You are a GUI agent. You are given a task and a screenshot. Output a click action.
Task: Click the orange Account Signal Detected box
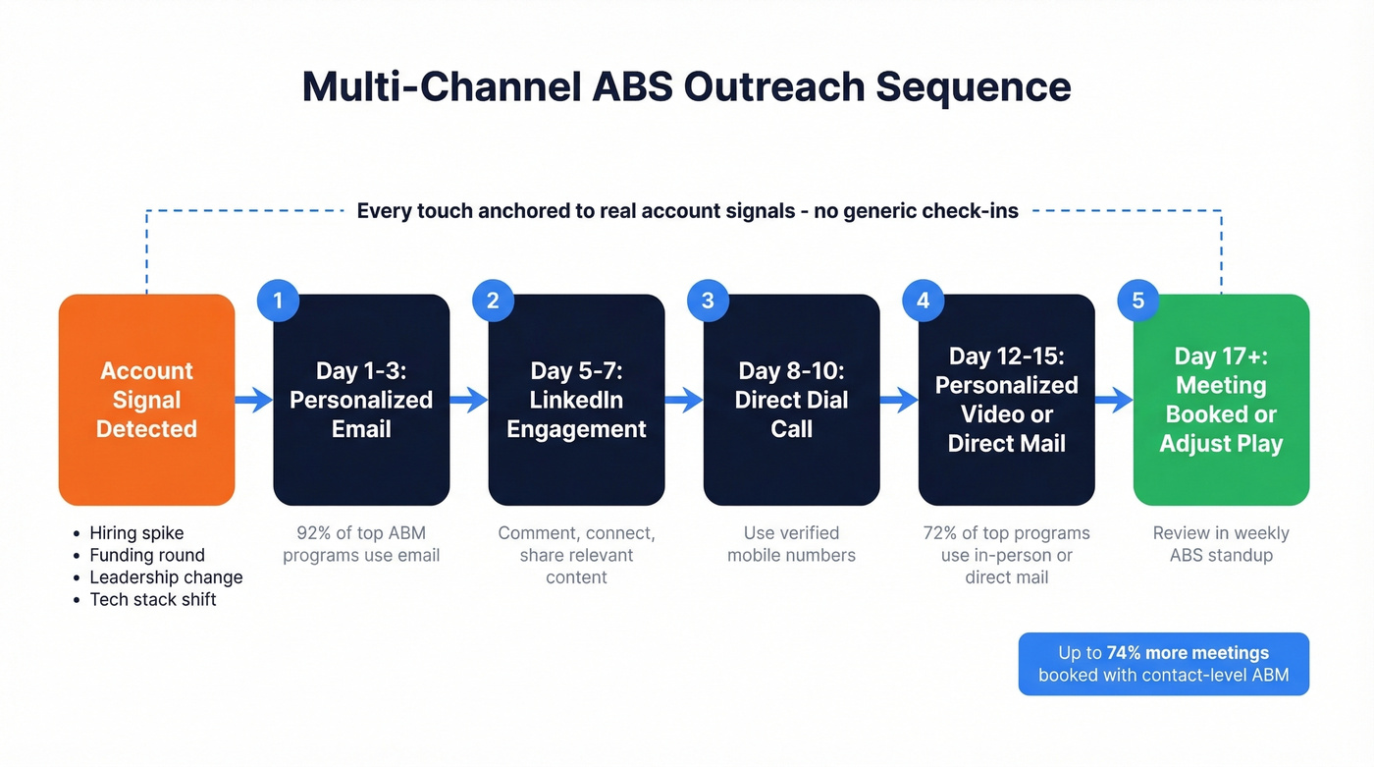coord(146,400)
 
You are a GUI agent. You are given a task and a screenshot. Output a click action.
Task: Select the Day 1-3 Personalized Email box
coord(361,400)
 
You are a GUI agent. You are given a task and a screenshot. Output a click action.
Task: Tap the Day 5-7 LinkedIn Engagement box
coord(576,400)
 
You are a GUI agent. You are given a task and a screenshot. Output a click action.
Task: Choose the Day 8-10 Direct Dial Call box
coord(791,400)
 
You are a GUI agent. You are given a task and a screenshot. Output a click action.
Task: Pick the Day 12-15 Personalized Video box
coord(1006,400)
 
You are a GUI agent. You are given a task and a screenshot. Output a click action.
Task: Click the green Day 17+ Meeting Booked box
coord(1221,400)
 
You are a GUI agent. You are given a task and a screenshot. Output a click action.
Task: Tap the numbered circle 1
coord(278,301)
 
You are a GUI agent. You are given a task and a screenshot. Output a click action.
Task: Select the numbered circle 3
coord(708,301)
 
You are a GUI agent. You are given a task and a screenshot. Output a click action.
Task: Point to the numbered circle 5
coord(1137,301)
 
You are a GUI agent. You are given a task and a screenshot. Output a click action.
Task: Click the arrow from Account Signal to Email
coord(254,400)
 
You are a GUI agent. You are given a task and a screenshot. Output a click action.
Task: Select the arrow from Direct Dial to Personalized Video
coord(899,400)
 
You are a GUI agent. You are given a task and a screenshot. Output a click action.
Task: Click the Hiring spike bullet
coord(136,533)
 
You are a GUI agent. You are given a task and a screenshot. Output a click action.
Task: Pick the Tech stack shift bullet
coord(153,599)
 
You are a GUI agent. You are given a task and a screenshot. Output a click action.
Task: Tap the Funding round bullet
coord(147,556)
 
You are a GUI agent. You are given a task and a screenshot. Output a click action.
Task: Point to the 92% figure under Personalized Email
coord(314,533)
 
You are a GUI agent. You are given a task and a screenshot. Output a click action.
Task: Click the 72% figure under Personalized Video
coord(940,533)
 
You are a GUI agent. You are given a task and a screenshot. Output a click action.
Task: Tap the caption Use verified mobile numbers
coord(791,544)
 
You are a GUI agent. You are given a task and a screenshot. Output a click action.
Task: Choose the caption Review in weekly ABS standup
coord(1221,544)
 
